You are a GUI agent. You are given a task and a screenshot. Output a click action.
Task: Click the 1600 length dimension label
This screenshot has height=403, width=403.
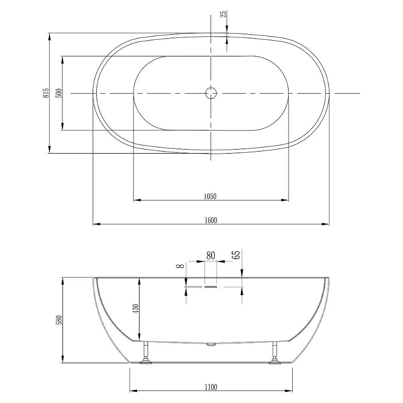(211, 220)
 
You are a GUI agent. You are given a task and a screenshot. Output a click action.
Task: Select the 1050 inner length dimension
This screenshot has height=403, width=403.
(210, 196)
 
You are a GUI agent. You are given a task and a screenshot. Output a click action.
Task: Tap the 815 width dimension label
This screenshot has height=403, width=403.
(46, 93)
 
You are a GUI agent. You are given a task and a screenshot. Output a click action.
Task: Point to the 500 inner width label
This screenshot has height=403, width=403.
(59, 93)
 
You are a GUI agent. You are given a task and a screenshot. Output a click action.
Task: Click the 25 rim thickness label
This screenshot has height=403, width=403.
(224, 14)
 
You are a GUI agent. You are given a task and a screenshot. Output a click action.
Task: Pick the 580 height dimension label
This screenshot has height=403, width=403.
(59, 320)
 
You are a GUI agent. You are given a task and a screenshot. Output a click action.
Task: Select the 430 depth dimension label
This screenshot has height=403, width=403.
(136, 308)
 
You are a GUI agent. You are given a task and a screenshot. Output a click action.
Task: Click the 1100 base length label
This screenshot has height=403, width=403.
(211, 387)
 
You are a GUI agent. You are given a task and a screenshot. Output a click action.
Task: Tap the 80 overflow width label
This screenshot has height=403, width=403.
(211, 256)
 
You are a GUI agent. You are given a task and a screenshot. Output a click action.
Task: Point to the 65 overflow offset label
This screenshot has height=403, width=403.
(236, 254)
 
